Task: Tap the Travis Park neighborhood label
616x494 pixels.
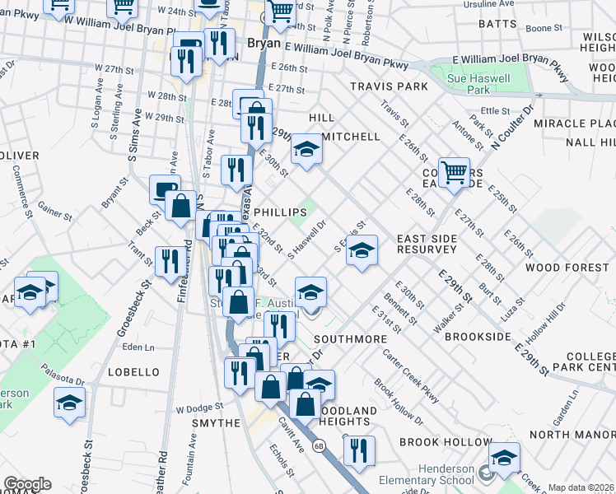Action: [389, 86]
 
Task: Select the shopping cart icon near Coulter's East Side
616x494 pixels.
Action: [454, 174]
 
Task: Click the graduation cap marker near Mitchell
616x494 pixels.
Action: [306, 150]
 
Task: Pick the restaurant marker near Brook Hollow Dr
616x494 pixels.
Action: [359, 451]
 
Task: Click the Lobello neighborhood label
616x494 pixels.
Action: [133, 372]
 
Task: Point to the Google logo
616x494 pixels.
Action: [27, 484]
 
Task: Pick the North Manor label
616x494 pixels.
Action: [572, 434]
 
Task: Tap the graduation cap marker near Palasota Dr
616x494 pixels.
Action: [69, 403]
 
